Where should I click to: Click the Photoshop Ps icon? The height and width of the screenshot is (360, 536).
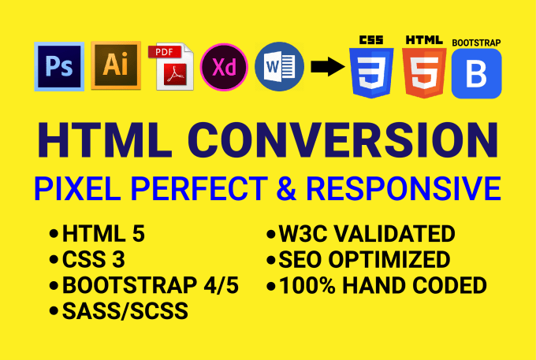59,67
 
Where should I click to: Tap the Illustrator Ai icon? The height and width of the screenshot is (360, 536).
116,65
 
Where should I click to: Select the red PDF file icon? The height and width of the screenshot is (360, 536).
171,67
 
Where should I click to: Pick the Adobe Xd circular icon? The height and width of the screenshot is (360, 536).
224,67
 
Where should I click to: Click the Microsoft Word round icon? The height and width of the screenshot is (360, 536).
279,67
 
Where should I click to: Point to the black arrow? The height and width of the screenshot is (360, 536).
327,67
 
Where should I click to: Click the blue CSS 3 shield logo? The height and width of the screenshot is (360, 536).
371,72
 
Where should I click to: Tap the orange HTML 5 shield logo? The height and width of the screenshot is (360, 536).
424,72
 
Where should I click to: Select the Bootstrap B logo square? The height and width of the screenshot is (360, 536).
477,73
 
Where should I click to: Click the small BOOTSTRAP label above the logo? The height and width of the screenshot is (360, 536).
476,43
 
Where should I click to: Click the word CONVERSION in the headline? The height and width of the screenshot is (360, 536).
343,140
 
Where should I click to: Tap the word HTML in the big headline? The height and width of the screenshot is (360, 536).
105,140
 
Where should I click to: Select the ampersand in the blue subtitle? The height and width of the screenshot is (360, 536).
286,188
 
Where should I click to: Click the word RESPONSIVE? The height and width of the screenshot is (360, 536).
404,188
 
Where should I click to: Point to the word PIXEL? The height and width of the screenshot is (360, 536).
77,188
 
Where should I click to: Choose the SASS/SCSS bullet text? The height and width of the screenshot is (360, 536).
125,311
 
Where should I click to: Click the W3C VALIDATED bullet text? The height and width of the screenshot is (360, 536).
367,234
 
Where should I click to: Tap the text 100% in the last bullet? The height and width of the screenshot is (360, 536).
307,285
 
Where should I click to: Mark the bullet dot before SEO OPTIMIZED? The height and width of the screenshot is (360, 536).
270,260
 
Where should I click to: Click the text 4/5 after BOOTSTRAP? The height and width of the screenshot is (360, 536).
221,285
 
